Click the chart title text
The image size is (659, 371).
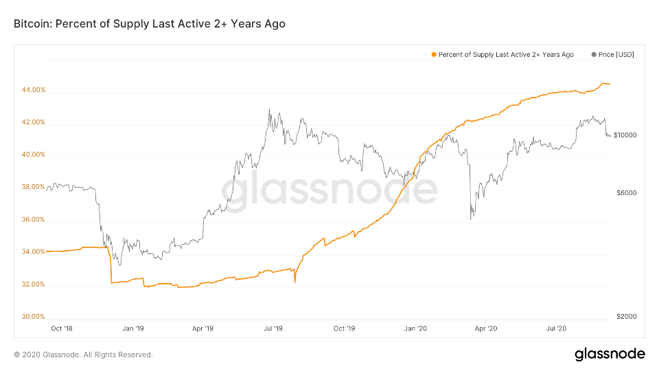pos(150,24)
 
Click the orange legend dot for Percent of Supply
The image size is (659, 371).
pos(433,54)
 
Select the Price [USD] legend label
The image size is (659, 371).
pos(616,54)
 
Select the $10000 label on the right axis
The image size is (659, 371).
pos(625,135)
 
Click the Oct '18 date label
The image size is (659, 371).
pos(62,328)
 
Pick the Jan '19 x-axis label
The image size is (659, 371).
pos(132,328)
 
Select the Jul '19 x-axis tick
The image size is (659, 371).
pos(273,328)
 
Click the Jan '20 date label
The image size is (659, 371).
pos(416,328)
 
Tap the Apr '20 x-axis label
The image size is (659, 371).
pos(486,328)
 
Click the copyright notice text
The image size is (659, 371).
pos(83,355)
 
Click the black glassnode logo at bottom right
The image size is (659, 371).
pos(610,354)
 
